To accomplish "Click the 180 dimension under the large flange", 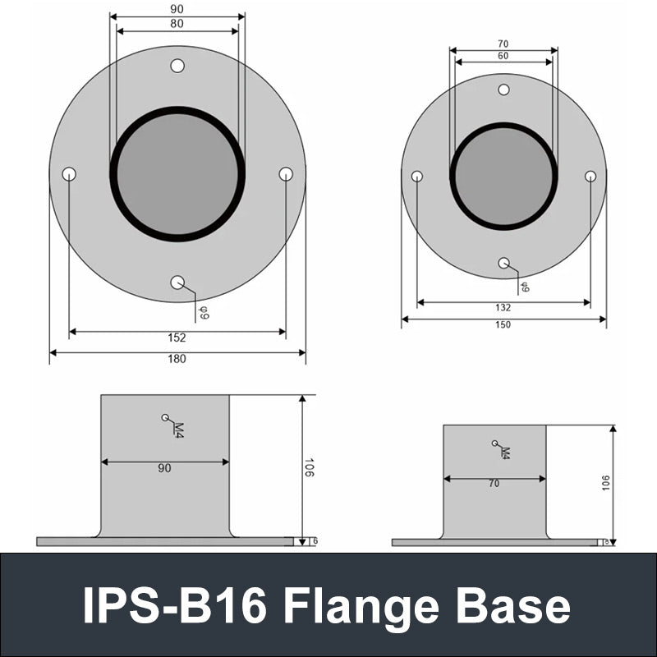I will point(177,359).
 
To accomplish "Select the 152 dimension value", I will point(177,338).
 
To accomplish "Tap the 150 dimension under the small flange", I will point(503,324).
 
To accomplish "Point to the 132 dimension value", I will point(503,308).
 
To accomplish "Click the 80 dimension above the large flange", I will point(177,24).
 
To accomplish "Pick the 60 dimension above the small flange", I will point(503,56).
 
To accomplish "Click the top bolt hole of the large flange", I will point(177,66).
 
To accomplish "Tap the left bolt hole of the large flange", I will point(69,174).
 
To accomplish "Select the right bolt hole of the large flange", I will point(286,174).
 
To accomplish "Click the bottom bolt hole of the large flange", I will point(177,283).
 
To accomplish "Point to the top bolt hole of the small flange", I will point(504,90).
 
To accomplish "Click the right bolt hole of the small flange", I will point(590,176).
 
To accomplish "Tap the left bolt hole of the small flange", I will point(417,176).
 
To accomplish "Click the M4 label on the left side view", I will point(178,428).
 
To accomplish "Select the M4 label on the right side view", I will point(505,452).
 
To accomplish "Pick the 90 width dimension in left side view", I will point(164,468).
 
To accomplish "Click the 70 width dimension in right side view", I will point(494,484).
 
